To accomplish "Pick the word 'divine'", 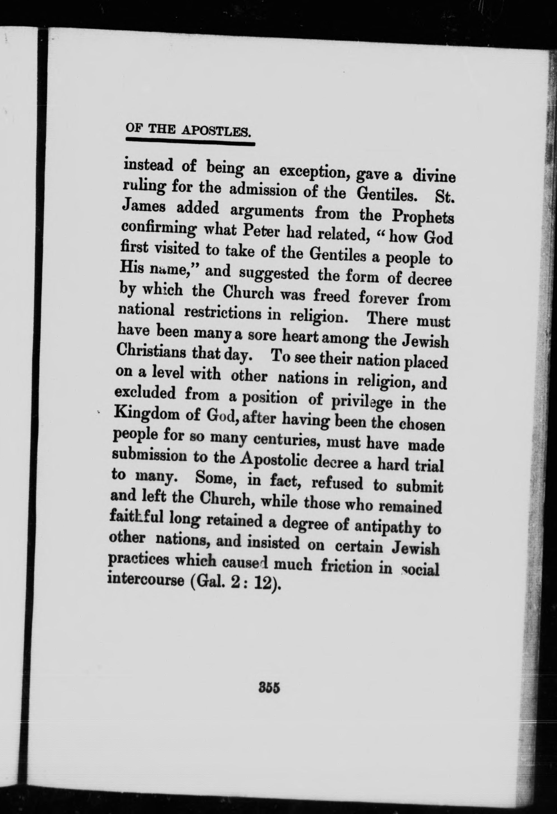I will pyautogui.click(x=433, y=176).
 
